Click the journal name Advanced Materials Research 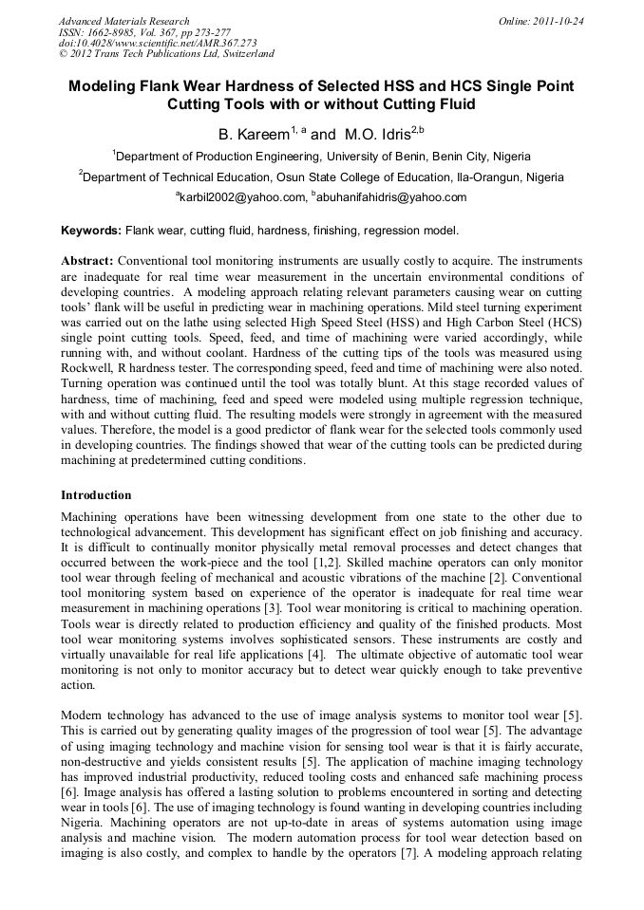click(x=123, y=21)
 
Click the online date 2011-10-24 click(x=558, y=21)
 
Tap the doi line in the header click(x=158, y=44)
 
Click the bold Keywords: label click(x=91, y=231)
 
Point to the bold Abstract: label click(x=87, y=260)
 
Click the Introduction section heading click(x=96, y=495)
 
